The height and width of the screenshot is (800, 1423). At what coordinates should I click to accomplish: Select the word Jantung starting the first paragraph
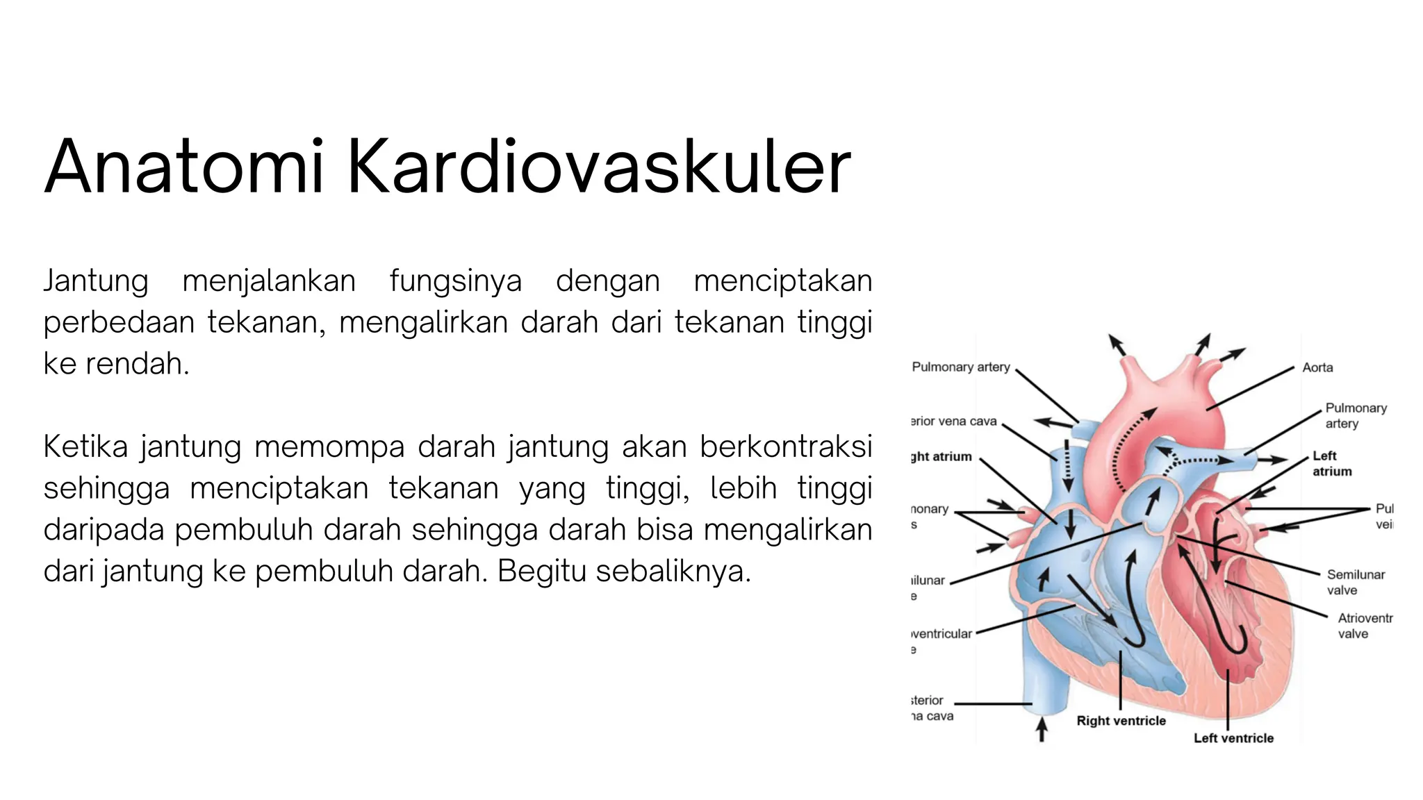click(x=96, y=281)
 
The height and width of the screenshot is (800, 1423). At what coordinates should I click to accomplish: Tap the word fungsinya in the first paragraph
click(x=455, y=281)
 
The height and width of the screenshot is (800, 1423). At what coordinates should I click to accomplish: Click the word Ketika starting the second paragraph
click(x=85, y=447)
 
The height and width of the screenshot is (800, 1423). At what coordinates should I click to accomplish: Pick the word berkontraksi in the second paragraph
click(x=785, y=447)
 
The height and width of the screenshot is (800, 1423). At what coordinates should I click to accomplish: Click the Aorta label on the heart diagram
click(x=1317, y=367)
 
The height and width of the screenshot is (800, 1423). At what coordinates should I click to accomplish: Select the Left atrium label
click(x=1331, y=463)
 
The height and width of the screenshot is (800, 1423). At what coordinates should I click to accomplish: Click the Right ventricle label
click(x=1121, y=721)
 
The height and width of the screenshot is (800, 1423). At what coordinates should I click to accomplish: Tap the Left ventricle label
click(x=1233, y=738)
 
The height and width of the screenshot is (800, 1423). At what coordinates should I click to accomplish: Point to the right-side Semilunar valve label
click(x=1355, y=582)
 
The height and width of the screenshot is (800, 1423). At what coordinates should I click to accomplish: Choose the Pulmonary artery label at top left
click(x=960, y=367)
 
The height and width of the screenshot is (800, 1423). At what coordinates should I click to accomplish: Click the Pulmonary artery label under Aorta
click(x=1355, y=415)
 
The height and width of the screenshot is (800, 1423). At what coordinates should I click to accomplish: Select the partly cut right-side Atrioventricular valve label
click(x=1365, y=626)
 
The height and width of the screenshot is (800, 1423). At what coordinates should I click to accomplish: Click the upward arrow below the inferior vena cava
click(x=1042, y=730)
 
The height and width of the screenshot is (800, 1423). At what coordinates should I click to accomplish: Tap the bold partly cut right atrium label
click(x=941, y=456)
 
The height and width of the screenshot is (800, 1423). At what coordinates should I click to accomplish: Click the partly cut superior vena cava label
click(x=954, y=421)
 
